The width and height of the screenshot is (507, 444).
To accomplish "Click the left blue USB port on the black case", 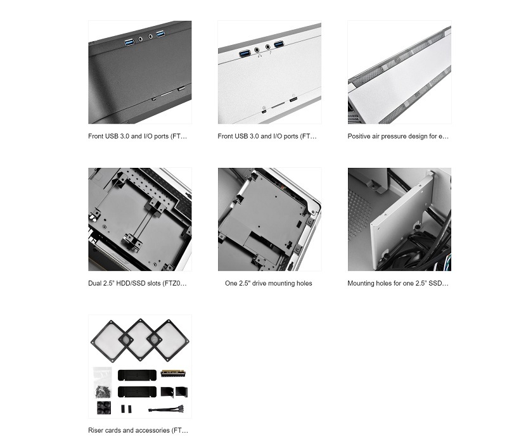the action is [129, 42].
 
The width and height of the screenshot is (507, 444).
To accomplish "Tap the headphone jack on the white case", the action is [257, 50].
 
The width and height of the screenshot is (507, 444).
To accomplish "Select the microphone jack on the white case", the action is [267, 47].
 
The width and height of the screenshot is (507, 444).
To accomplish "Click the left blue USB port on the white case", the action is [245, 53].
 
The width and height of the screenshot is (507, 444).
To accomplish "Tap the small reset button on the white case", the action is [264, 112].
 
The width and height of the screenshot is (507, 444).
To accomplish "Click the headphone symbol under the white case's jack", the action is [259, 56].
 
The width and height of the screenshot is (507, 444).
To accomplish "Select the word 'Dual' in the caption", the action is [94, 283].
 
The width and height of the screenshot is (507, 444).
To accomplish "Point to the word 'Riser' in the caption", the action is [96, 431].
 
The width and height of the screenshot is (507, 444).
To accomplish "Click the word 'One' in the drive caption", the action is [231, 283].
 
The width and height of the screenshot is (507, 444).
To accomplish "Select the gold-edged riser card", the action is [174, 374].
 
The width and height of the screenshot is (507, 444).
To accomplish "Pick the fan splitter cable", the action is [166, 409].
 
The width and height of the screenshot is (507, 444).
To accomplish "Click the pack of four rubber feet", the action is [104, 408].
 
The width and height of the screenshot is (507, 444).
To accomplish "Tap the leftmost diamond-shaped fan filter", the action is [112, 341].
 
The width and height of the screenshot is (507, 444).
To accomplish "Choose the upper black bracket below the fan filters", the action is [137, 375].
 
